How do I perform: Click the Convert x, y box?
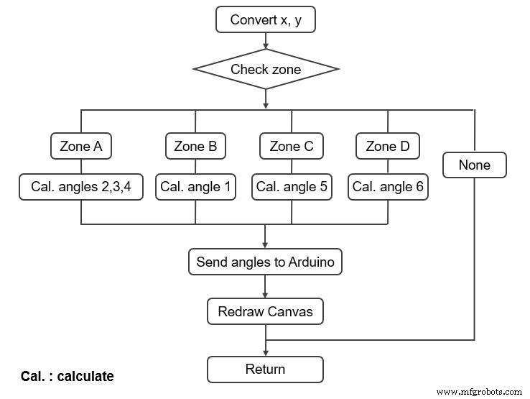coord(266,19)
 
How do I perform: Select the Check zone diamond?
coord(266,70)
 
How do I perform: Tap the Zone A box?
coord(80,147)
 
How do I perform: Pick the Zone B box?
coord(195,147)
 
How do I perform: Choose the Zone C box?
coord(291,147)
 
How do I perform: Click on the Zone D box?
coord(388,147)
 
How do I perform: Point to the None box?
coord(474,165)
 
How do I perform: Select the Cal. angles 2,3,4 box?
coord(80,187)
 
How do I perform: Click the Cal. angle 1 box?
coord(195,187)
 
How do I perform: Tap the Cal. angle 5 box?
coord(291,187)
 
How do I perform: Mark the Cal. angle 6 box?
coord(388,187)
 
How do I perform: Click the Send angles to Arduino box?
coord(266,262)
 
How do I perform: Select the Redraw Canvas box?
coord(266,312)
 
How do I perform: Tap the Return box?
coord(266,370)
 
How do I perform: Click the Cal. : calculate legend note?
coord(67,376)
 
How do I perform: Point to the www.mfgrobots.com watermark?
coord(479,392)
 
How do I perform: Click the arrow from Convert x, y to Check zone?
coord(266,42)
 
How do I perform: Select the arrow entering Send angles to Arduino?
coord(266,237)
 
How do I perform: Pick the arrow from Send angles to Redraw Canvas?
coord(266,288)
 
